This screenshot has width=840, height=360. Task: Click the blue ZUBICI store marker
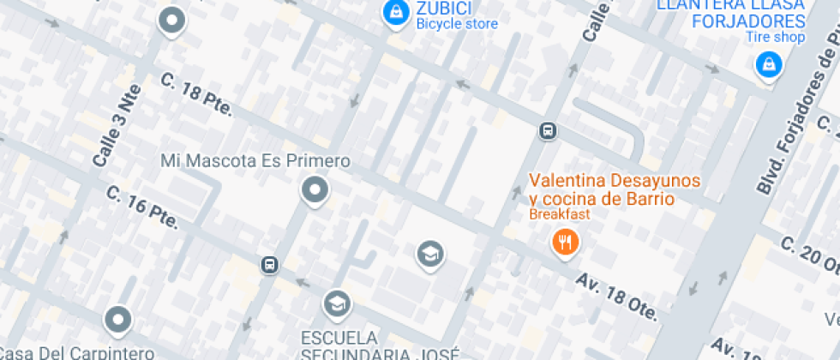tap(395, 12)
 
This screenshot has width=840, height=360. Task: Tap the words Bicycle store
tap(457, 24)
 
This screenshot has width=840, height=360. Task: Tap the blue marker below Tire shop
tap(769, 64)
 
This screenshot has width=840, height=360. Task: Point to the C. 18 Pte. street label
tap(197, 93)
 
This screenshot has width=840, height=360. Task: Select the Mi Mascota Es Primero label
tap(255, 161)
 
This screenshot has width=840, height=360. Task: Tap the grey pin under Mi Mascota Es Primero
tap(315, 190)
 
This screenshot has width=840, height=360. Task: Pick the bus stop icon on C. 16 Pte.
tap(270, 264)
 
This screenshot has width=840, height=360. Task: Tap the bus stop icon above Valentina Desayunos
tap(547, 131)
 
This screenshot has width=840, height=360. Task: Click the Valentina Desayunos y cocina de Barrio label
tap(614, 189)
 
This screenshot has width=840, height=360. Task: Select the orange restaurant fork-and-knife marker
tap(564, 243)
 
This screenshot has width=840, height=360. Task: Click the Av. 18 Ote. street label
tap(616, 297)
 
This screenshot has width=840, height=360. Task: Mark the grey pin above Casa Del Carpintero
tap(117, 321)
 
